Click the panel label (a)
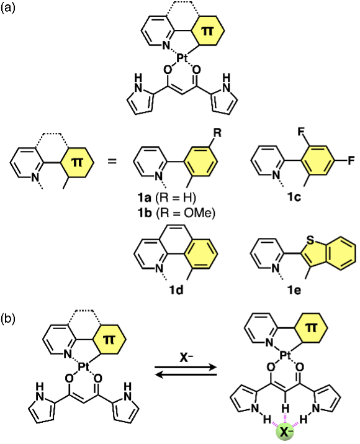(7, 7)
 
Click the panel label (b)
(7, 319)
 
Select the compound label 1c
(294, 197)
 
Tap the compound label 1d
(176, 290)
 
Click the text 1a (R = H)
(166, 197)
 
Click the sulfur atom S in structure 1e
(310, 240)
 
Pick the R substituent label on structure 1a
(217, 134)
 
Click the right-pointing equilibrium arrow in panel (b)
(186, 368)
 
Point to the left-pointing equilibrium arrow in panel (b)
(186, 375)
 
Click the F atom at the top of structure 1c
(301, 132)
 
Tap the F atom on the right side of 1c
(351, 161)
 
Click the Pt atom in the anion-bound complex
(286, 355)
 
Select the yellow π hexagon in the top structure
(208, 30)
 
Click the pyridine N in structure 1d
(159, 268)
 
